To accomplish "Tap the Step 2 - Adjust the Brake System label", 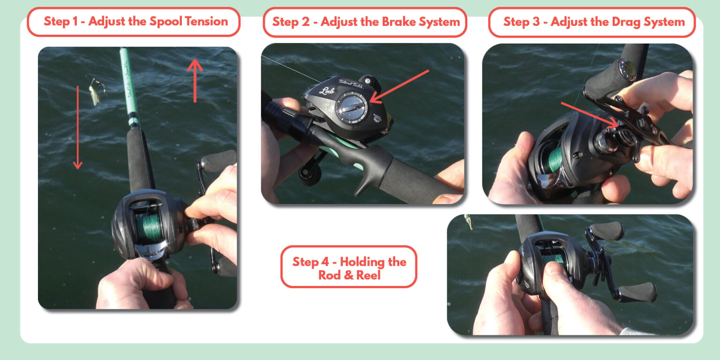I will (365, 22).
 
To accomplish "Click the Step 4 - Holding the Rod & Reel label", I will (349, 268).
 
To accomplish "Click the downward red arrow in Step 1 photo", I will (77, 127).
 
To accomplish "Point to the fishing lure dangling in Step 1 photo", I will (95, 92).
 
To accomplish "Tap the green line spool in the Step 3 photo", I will (555, 160).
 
